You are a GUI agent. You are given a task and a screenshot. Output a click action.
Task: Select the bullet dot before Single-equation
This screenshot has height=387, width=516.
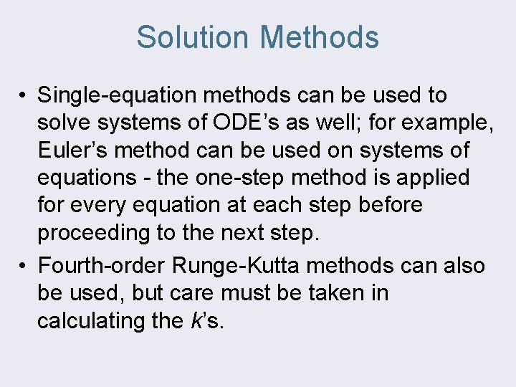click(24, 95)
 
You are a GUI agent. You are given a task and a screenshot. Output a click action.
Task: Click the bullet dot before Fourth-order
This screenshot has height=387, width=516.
click(24, 266)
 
